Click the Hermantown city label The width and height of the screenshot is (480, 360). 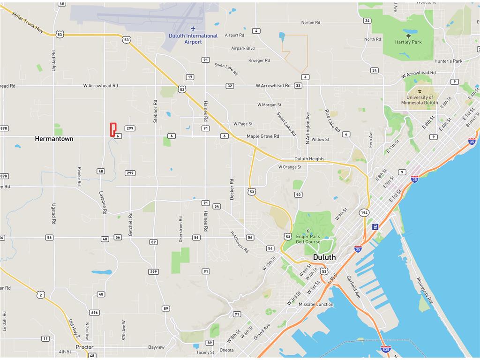[x=54, y=139]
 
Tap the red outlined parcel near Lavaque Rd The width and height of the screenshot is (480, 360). [x=112, y=129]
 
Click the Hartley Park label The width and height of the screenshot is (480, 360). [x=408, y=42]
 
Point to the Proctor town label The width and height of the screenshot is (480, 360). [x=84, y=347]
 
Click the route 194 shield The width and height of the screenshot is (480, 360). [x=364, y=213]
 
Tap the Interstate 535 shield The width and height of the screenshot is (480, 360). [x=386, y=349]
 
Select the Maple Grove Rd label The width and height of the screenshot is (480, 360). [x=263, y=136]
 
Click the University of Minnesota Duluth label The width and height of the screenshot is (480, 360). [x=420, y=100]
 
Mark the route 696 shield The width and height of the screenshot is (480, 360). [x=95, y=313]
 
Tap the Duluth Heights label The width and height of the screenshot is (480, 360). [x=309, y=159]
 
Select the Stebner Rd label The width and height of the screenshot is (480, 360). [x=155, y=111]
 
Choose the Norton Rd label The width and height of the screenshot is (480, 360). [x=311, y=22]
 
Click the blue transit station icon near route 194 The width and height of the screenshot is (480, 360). [x=375, y=226]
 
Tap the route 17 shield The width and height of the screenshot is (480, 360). [x=189, y=77]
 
